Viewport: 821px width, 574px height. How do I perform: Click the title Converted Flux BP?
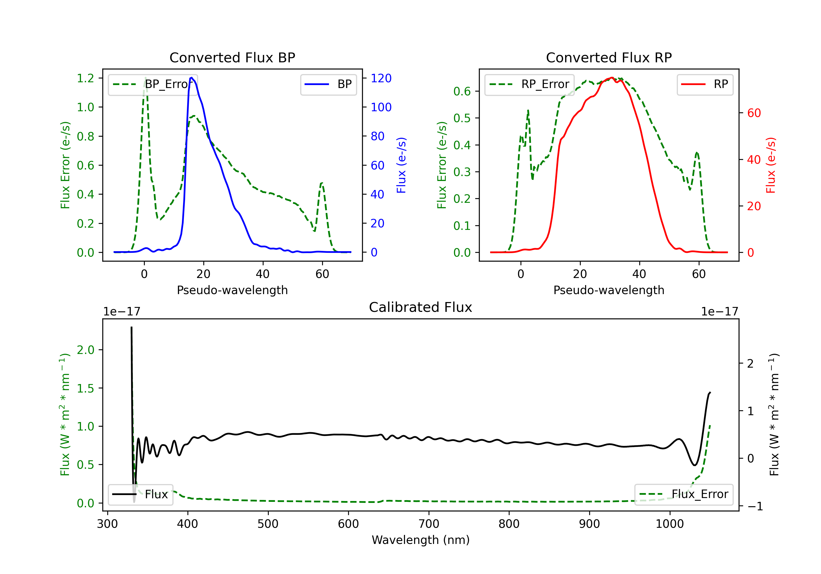(232, 57)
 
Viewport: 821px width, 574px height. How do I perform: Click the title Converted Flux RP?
(609, 57)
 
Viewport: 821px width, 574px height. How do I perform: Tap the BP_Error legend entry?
(153, 84)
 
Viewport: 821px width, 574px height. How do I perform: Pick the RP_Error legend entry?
(530, 84)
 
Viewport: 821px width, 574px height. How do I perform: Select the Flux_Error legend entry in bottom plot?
(684, 494)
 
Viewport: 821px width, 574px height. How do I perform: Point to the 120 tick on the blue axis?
(381, 78)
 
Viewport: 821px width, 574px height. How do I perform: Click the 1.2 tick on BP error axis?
(85, 78)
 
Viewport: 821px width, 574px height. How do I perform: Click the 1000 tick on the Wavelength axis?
(669, 524)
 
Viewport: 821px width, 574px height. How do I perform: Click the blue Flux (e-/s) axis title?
(401, 165)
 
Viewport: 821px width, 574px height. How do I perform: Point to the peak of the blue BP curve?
(192, 78)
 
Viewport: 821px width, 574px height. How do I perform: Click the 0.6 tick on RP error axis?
(462, 92)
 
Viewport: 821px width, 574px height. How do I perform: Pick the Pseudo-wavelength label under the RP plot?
(609, 290)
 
